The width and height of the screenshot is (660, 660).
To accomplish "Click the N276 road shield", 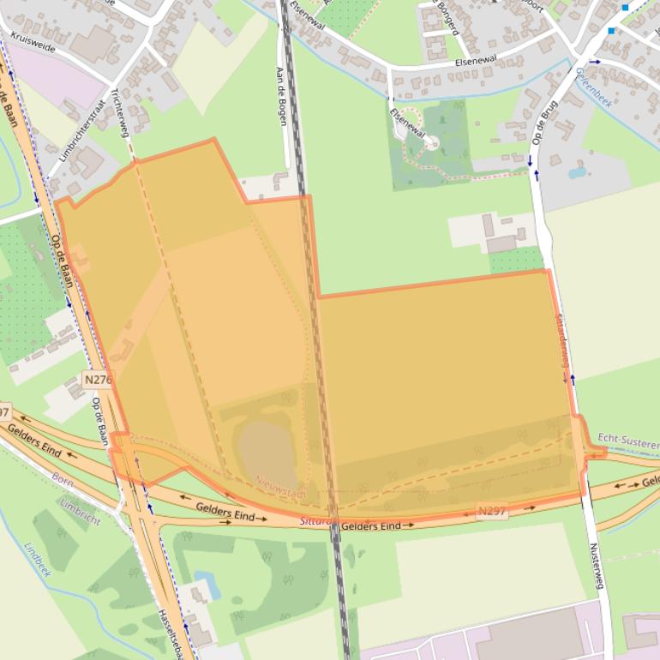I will click(x=99, y=378).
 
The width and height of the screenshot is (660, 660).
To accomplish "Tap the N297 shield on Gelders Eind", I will click(x=490, y=511).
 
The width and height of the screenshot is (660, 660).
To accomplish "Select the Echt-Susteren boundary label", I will click(x=627, y=440).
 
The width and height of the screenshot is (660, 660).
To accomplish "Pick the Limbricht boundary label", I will click(x=81, y=511).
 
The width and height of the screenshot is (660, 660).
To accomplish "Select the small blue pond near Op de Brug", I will click(x=577, y=172).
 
